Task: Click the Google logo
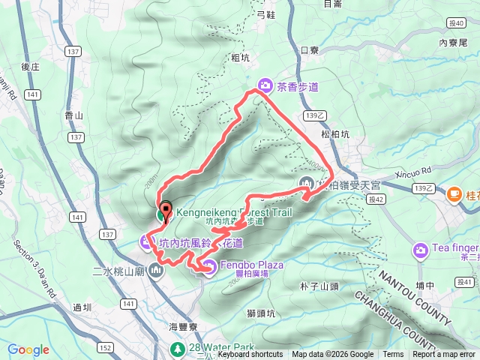28,349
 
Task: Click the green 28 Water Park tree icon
177,349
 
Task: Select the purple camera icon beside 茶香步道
264,85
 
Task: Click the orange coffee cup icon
453,195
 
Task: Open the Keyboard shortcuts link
250,355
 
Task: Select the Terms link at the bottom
393,355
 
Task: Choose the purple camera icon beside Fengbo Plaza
209,265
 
